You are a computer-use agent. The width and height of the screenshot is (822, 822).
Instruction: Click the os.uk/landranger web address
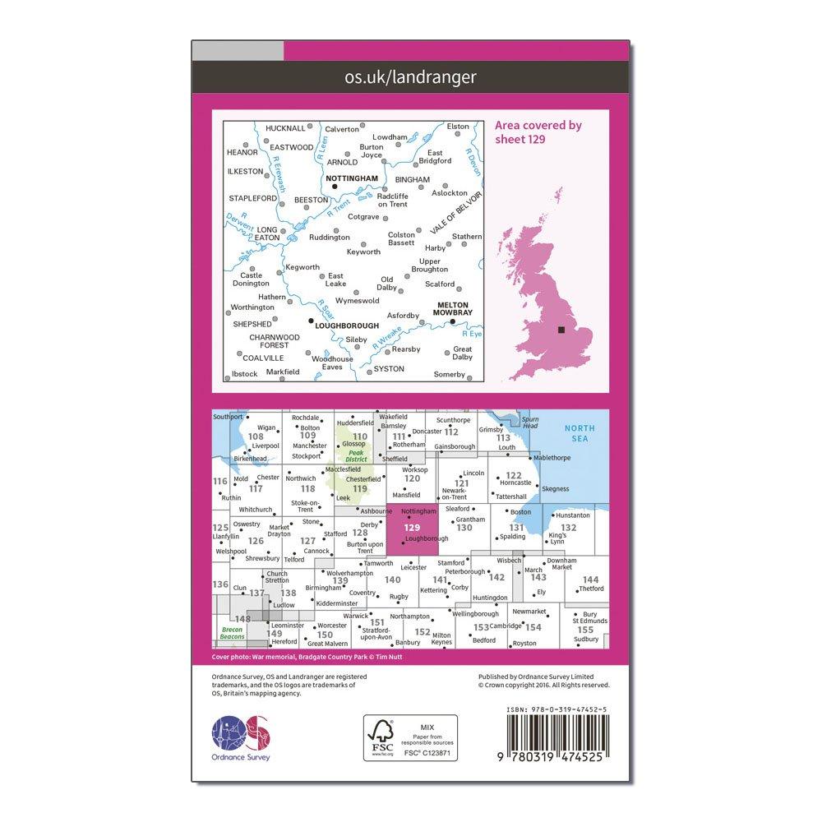coord(409,77)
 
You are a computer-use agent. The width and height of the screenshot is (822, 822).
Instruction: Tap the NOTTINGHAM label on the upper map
coord(352,178)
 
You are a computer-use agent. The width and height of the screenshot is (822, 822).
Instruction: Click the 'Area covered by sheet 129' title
coord(538,132)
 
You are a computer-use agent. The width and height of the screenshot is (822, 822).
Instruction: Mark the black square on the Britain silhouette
coord(561,330)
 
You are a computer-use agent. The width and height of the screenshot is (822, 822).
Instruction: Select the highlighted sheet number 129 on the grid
coord(413,528)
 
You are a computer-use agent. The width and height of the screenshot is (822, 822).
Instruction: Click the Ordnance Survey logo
coord(241,736)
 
